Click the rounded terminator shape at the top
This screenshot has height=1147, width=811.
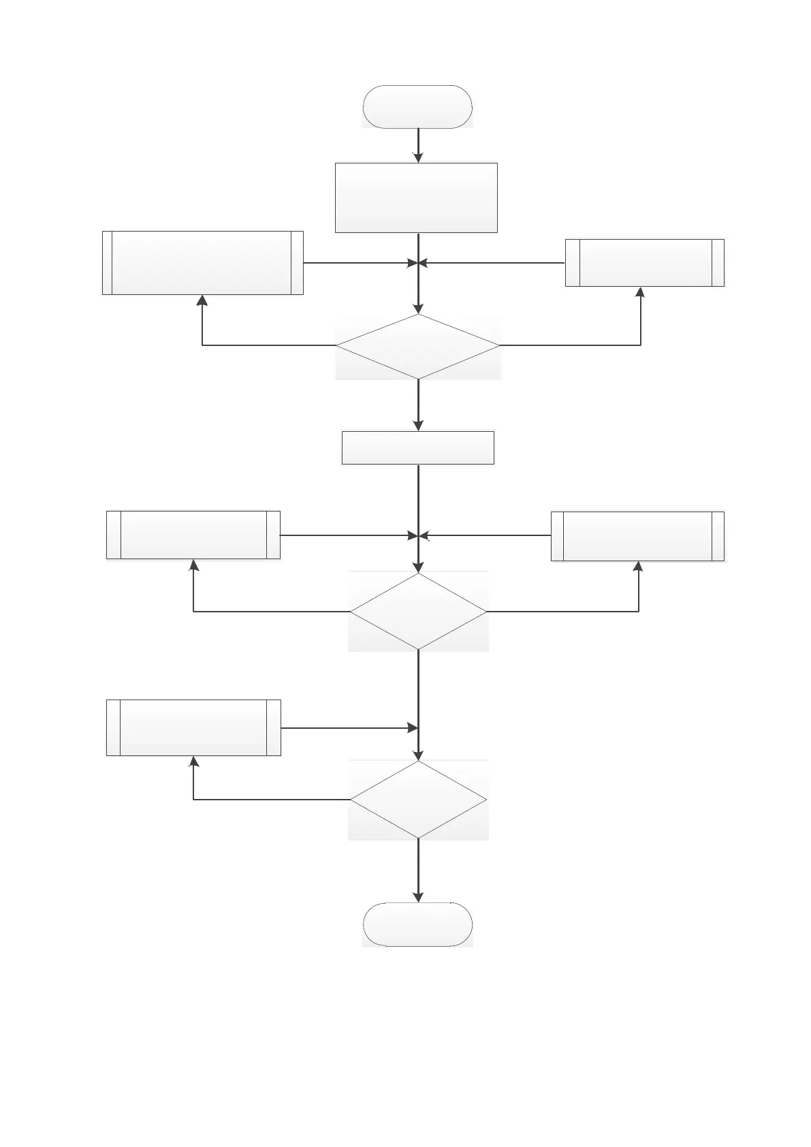tap(417, 107)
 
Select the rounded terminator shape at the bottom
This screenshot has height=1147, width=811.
tap(417, 924)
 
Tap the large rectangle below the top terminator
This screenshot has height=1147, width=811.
tap(416, 198)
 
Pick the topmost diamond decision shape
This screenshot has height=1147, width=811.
tap(418, 346)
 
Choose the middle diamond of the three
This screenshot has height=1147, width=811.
tap(418, 612)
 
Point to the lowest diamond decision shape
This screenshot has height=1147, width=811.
tap(418, 799)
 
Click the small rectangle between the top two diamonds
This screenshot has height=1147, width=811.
tap(417, 447)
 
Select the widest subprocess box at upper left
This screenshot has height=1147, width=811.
tap(202, 263)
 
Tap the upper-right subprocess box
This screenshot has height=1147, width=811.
tap(644, 263)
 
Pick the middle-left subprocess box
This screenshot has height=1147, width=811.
tap(193, 535)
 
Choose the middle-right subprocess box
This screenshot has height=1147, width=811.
tap(637, 536)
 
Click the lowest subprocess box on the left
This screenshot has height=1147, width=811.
tap(193, 727)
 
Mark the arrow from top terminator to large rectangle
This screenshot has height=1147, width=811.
tap(418, 145)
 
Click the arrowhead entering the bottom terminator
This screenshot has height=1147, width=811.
tap(418, 897)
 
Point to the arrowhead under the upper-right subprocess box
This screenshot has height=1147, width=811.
tap(640, 292)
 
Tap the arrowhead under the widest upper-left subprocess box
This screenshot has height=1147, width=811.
tap(202, 300)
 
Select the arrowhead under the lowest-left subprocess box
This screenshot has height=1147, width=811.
tap(193, 761)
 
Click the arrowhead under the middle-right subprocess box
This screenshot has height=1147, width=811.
tap(639, 567)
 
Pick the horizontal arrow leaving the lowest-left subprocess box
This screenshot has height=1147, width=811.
tap(349, 728)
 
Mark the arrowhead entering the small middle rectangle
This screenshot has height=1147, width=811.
tap(418, 425)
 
